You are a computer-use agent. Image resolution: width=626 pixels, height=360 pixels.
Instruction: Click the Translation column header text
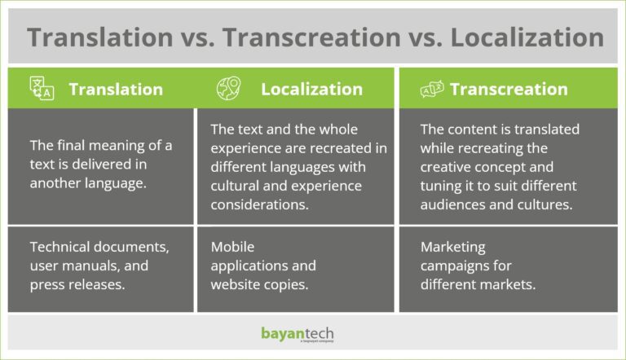tap(116, 90)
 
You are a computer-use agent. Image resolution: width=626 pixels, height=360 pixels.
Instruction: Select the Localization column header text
tap(312, 90)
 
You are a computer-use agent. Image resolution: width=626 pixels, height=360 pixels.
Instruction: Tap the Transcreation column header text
tap(509, 90)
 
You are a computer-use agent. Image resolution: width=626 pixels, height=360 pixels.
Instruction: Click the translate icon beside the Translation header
tap(42, 88)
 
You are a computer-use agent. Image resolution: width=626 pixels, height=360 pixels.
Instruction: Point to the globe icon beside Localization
tap(229, 88)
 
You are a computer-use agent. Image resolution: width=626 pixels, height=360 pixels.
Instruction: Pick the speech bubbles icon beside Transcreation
tap(432, 89)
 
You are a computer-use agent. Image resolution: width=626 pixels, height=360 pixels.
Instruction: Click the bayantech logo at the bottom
tap(298, 334)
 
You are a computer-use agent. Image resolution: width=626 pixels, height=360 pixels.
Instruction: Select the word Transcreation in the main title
tap(312, 37)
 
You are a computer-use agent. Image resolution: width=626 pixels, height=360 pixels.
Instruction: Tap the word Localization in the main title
tap(527, 37)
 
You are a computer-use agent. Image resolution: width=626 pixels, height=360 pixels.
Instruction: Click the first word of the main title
tap(100, 37)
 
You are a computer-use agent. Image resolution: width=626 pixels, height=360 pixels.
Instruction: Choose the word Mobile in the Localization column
tap(232, 247)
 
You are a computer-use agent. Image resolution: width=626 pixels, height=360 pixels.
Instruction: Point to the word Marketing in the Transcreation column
tap(452, 248)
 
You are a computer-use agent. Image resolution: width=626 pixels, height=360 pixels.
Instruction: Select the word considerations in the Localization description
tap(259, 204)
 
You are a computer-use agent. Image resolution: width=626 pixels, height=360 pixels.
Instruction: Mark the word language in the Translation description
tap(119, 183)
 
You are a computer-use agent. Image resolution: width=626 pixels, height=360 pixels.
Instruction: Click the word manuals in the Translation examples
tap(89, 266)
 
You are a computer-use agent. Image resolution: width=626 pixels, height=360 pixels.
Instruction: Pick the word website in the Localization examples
tap(233, 284)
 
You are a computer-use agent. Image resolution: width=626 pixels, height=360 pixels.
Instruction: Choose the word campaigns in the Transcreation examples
tap(454, 266)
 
